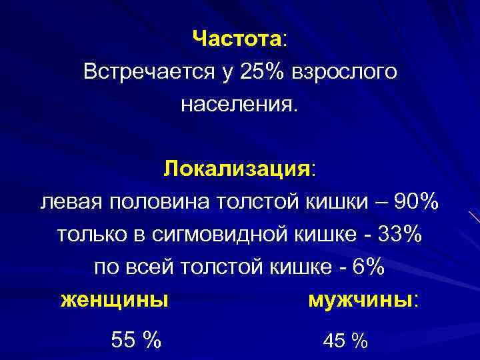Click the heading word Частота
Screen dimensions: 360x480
point(237,39)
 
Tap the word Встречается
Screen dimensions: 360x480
point(143,71)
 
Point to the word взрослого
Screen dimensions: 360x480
point(344,72)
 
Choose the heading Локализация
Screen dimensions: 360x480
point(238,168)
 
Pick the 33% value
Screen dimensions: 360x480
point(399,234)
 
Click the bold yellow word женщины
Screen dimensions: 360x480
point(114,299)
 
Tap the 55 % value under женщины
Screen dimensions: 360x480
point(136,340)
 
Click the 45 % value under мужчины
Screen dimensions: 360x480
point(345,341)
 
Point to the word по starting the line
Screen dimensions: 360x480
point(105,267)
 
